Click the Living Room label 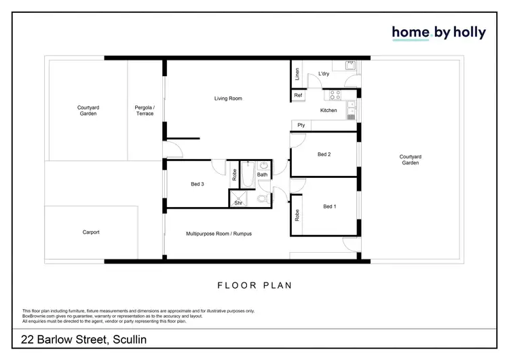[x=228, y=98]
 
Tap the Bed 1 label [x=329, y=206]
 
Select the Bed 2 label [x=324, y=154]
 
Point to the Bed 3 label [x=197, y=183]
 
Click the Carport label [x=91, y=232]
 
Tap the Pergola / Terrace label [x=145, y=110]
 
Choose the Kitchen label [x=328, y=110]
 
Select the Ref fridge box [x=298, y=96]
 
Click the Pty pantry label [x=301, y=125]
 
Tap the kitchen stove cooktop [x=335, y=96]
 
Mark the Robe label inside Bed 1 [x=297, y=216]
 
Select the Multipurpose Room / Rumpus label [x=219, y=234]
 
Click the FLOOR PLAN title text [x=254, y=285]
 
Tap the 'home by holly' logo [x=438, y=33]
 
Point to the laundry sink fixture [x=351, y=66]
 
